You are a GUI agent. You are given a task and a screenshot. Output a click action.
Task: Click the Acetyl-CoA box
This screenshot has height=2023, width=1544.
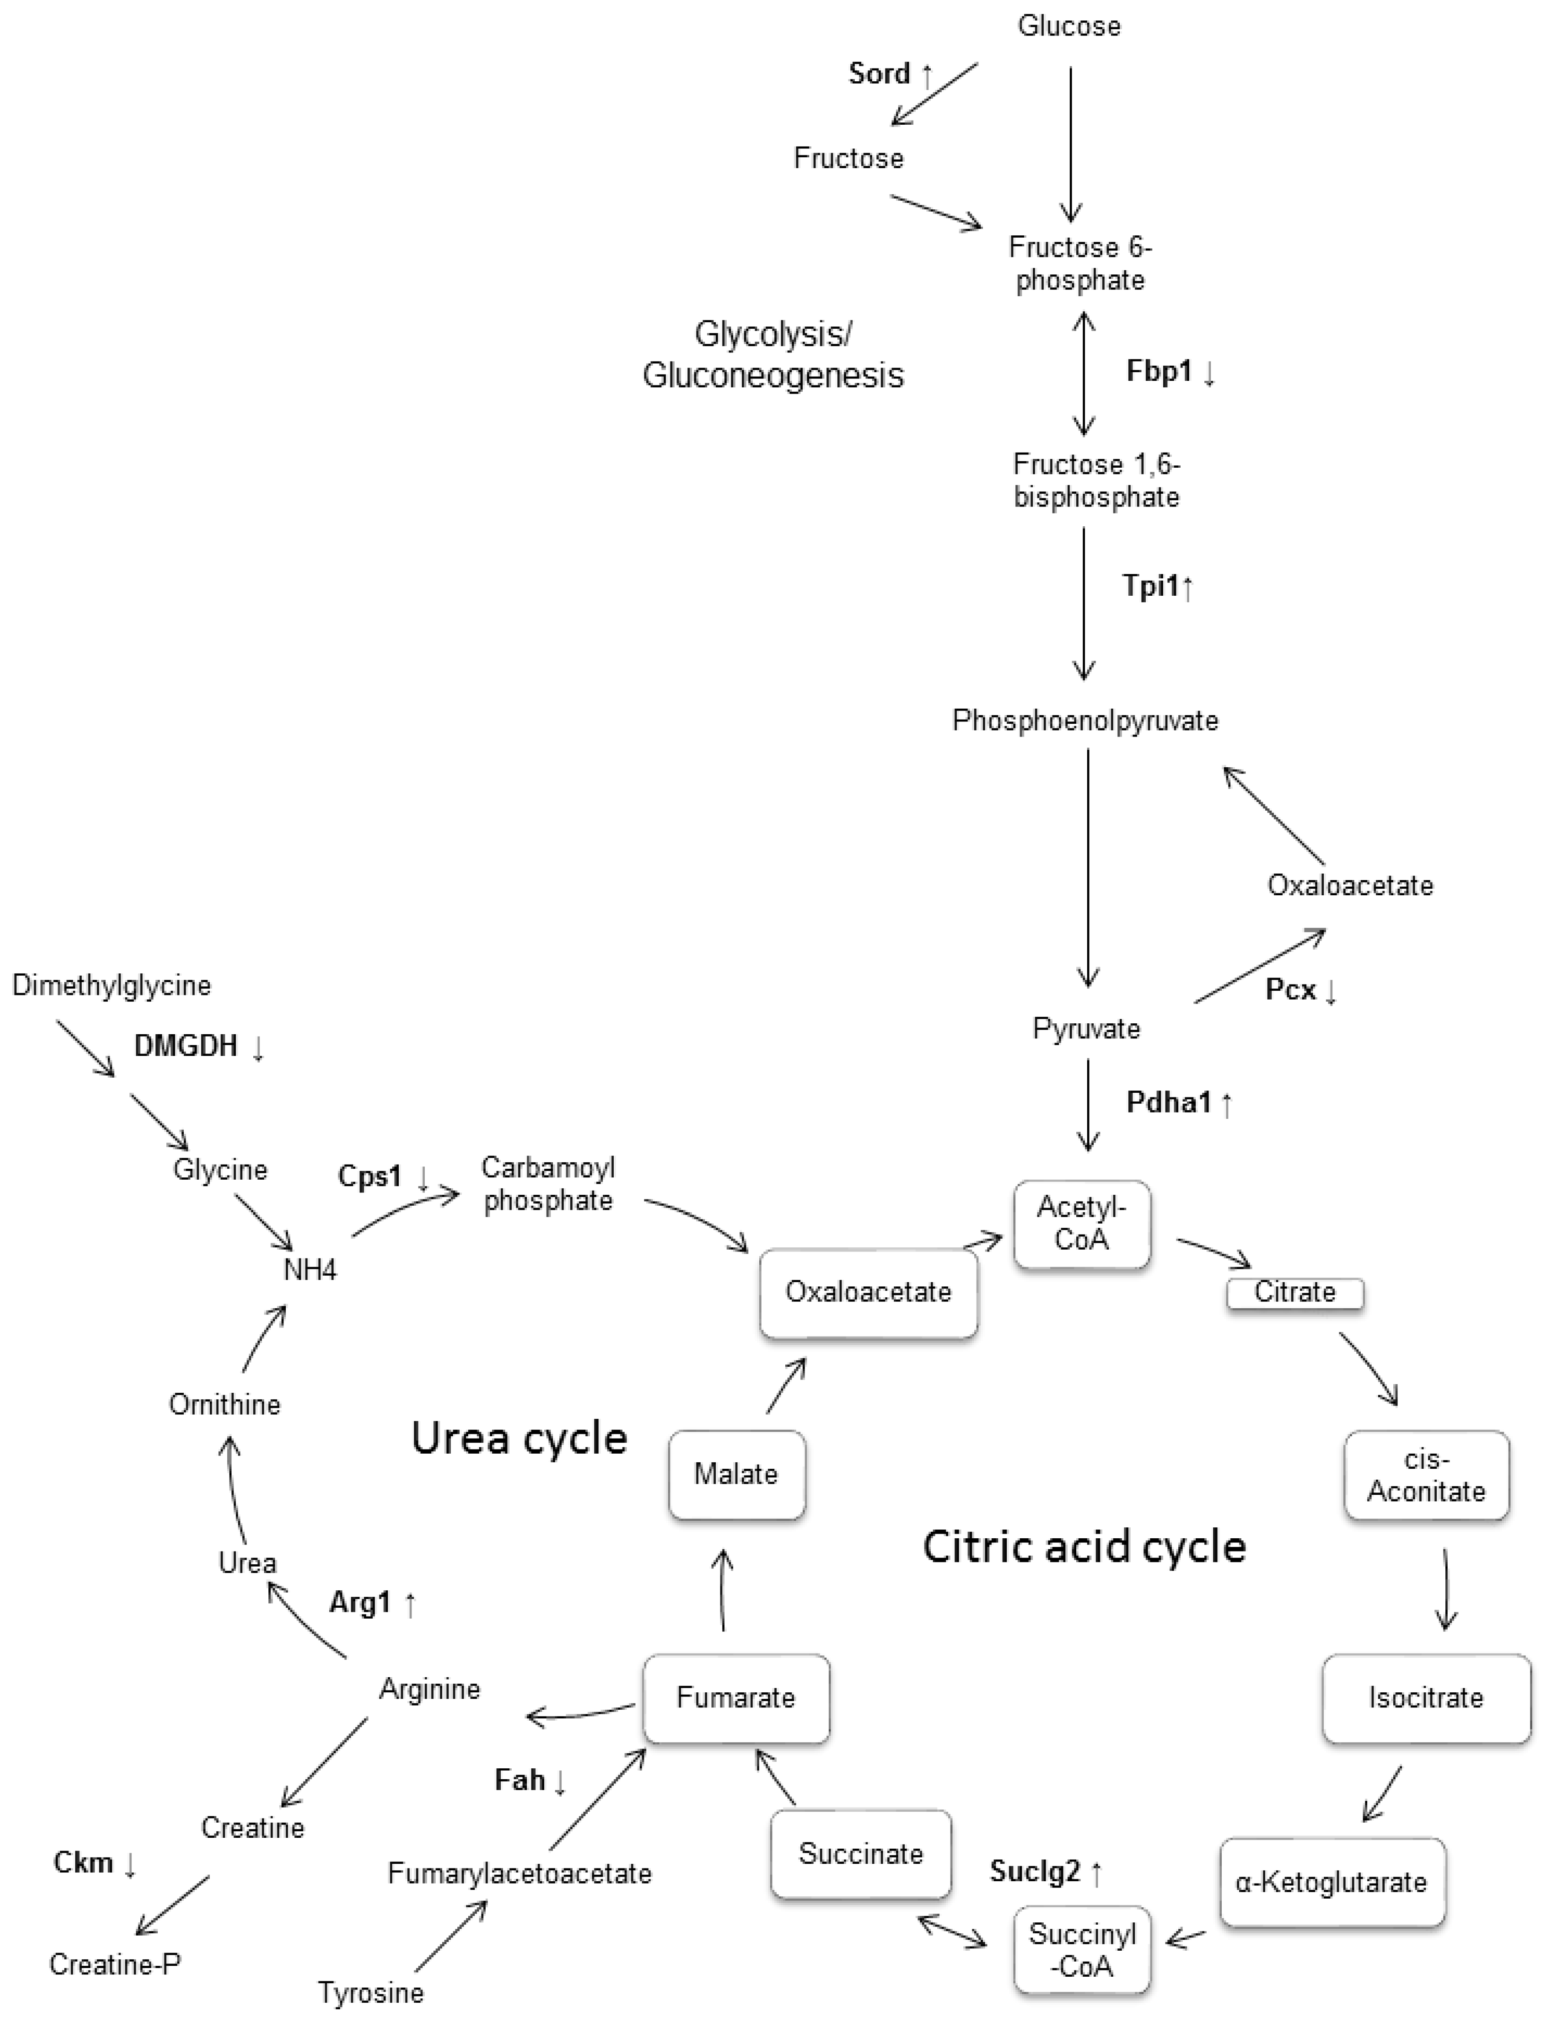point(1082,1224)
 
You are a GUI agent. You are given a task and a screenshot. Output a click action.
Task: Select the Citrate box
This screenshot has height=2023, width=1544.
point(1295,1292)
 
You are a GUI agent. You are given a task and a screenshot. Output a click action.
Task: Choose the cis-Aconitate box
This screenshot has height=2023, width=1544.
point(1425,1475)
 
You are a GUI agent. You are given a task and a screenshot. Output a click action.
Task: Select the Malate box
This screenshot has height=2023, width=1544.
point(736,1474)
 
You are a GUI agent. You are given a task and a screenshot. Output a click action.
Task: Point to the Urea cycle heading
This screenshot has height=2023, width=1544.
point(519,1438)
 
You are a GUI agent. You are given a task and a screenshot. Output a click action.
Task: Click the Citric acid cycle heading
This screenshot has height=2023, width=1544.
point(1084,1547)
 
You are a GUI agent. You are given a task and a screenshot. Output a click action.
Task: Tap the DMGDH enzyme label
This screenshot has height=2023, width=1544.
point(187,1046)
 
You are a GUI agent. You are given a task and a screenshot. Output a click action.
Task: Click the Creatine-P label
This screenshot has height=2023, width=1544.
point(115,1964)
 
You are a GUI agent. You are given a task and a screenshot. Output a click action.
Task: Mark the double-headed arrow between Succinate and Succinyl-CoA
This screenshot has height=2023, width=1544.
point(952,1931)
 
